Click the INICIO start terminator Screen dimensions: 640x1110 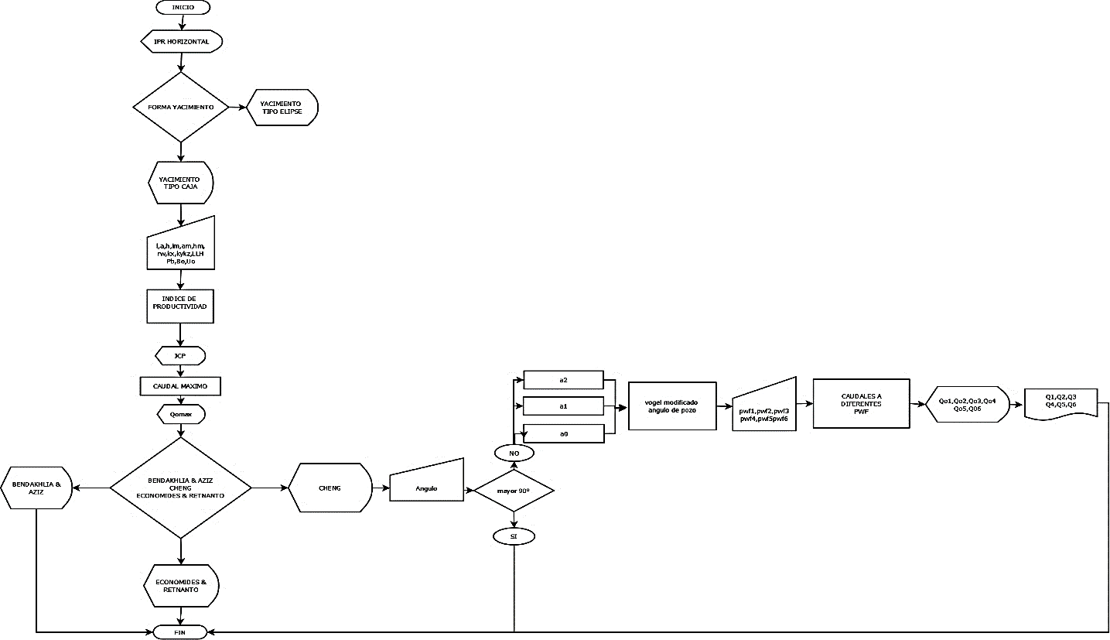tap(183, 7)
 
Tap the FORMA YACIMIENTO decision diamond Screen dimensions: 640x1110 tap(180, 107)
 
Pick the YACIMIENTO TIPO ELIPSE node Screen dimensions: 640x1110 tap(282, 107)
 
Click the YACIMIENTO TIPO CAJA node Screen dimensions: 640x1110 tap(180, 183)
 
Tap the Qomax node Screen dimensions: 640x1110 tap(180, 415)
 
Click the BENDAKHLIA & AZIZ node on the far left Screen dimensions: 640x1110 tap(36, 488)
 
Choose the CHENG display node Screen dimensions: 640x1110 tap(330, 488)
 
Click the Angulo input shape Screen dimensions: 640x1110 tap(426, 488)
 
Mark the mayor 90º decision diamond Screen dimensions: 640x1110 tap(514, 491)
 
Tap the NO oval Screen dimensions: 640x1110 tap(514, 452)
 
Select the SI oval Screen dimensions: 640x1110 tap(514, 536)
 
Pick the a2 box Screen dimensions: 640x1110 tap(563, 379)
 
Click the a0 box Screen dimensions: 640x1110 tap(563, 433)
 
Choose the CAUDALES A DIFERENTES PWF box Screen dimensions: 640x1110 tap(860, 403)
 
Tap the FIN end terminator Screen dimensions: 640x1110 tap(179, 632)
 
